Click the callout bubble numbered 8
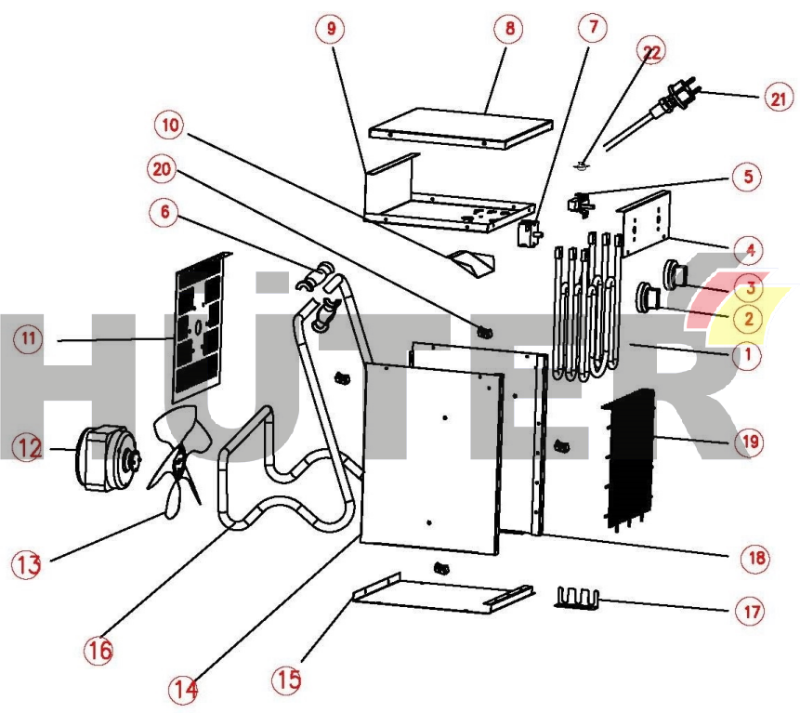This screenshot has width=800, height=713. click(x=509, y=29)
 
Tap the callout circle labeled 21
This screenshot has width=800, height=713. click(x=777, y=97)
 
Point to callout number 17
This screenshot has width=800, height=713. click(x=750, y=612)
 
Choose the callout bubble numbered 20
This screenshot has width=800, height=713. click(x=164, y=169)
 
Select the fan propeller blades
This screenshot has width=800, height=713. click(x=177, y=465)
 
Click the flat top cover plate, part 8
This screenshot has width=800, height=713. click(x=462, y=126)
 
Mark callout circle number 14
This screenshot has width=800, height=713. click(x=184, y=690)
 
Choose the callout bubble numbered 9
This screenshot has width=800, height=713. click(x=328, y=29)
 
